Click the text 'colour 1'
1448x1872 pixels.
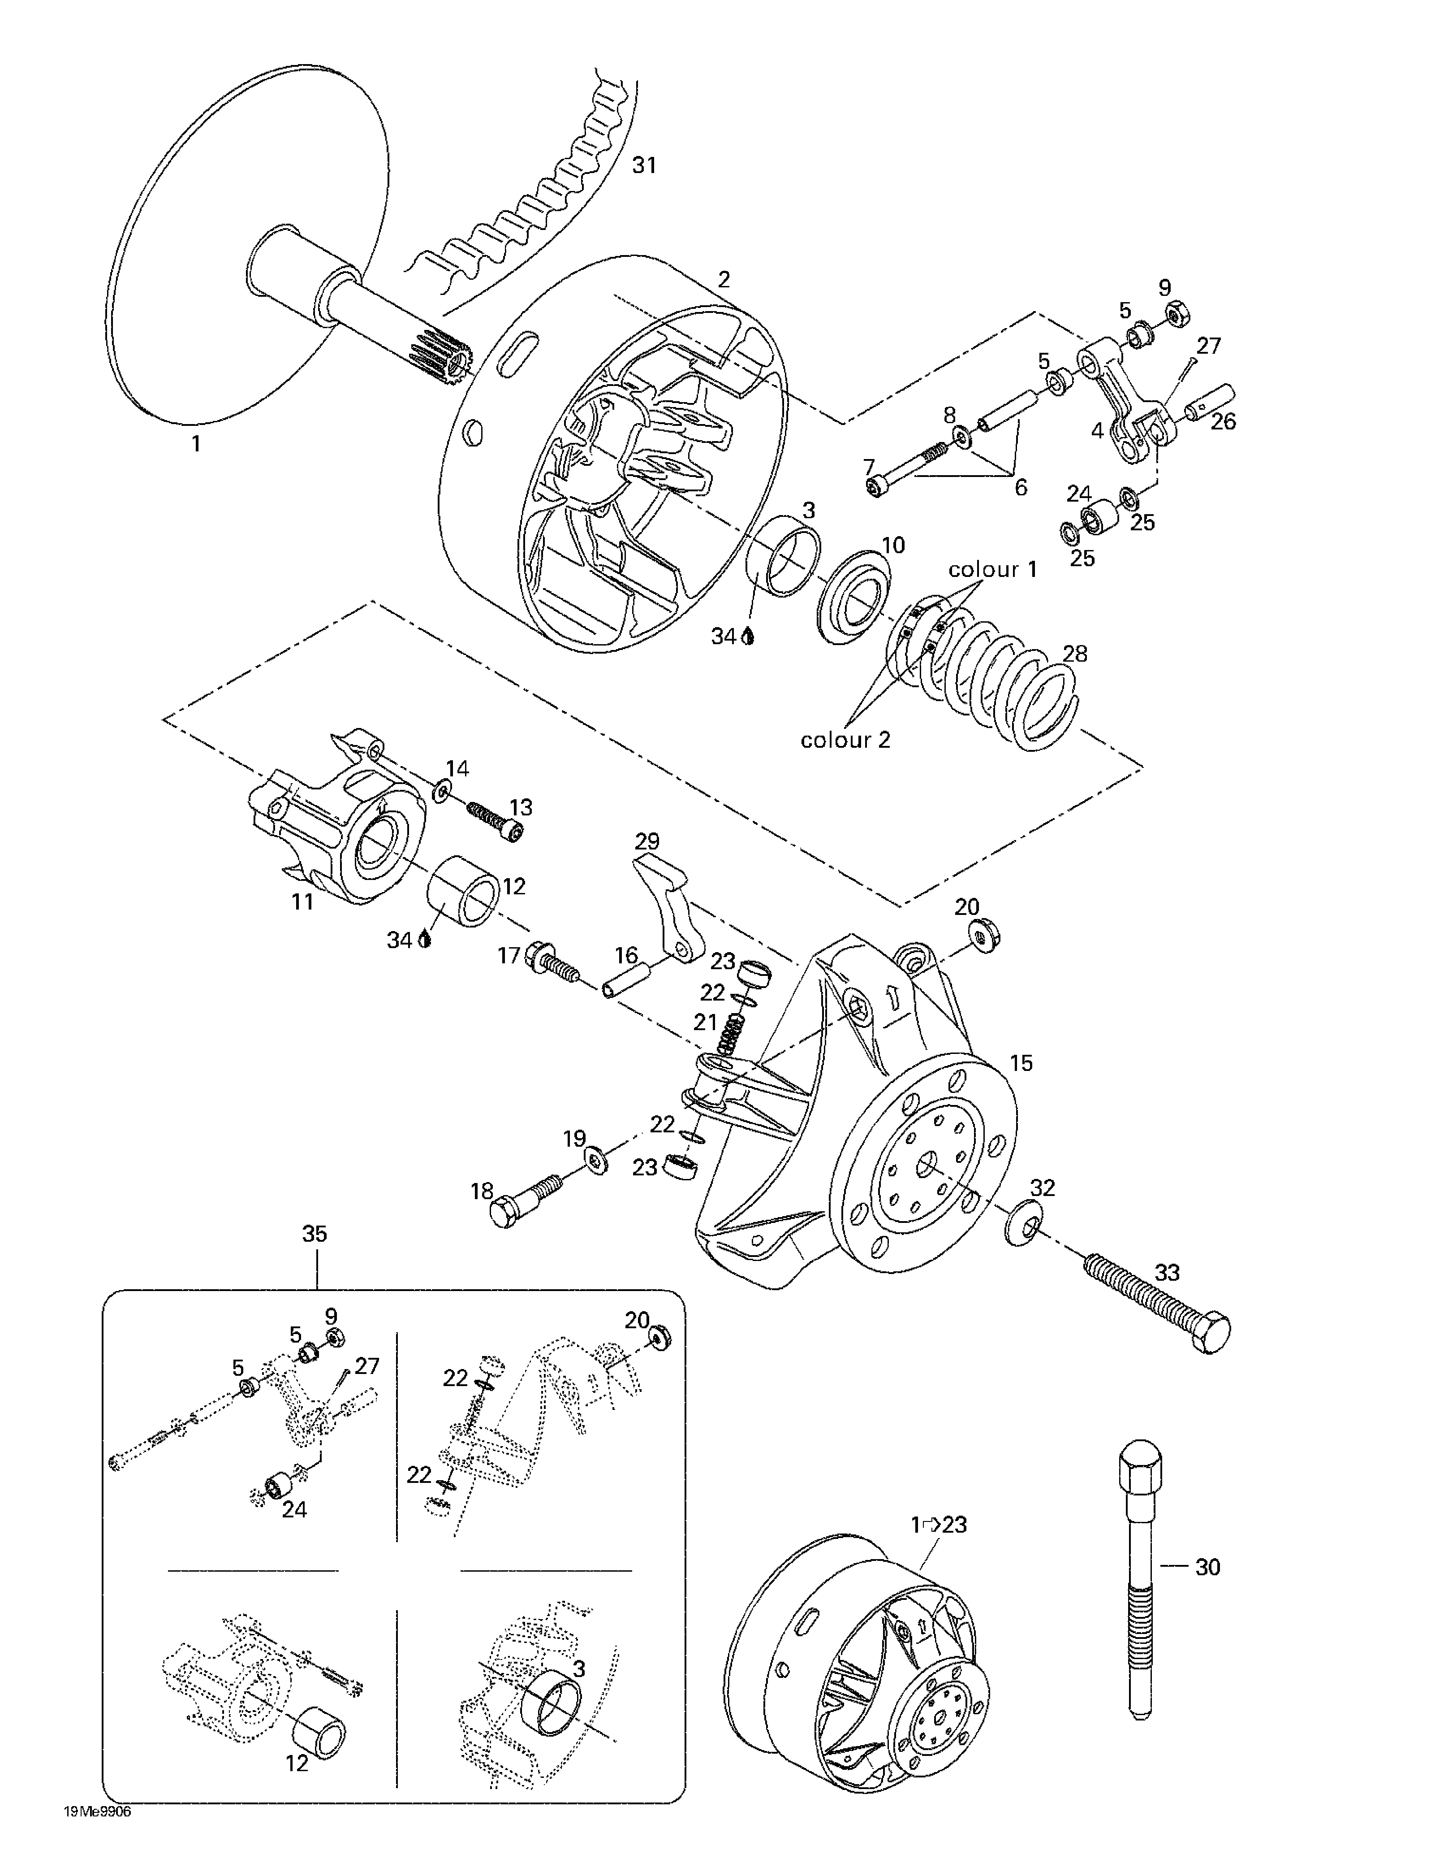tap(992, 569)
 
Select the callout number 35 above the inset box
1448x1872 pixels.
tap(315, 1234)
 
